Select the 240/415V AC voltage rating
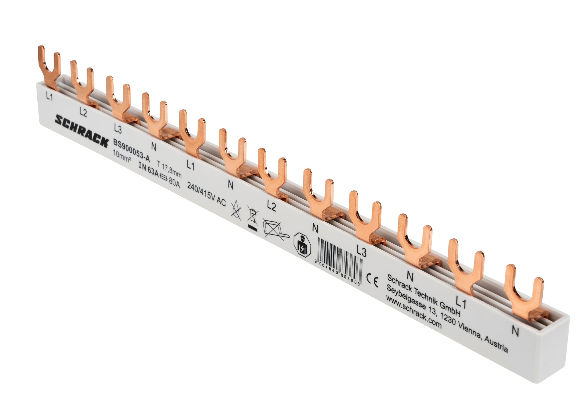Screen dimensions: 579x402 pyautogui.click(x=206, y=195)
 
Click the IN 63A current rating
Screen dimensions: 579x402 pyautogui.click(x=149, y=171)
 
